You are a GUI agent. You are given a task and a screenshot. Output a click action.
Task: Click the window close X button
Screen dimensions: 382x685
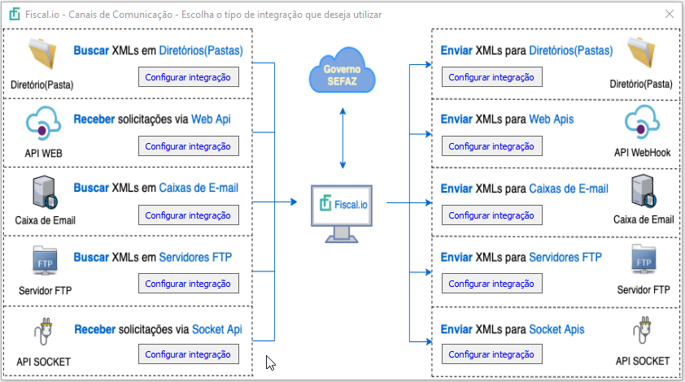(668, 15)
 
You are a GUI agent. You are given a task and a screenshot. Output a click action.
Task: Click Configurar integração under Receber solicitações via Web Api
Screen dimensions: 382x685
(188, 146)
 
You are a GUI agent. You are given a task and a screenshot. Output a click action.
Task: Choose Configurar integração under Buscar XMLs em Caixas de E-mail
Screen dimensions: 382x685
(188, 215)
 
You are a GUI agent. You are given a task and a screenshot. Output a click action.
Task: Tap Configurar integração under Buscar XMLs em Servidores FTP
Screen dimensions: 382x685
(188, 284)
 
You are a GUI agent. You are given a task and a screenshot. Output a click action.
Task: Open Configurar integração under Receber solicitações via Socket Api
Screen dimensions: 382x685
(188, 354)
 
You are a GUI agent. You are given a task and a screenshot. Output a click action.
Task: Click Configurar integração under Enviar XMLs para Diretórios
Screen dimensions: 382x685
(491, 77)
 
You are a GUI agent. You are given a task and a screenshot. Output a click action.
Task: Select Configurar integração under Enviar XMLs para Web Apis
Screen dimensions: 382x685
(491, 146)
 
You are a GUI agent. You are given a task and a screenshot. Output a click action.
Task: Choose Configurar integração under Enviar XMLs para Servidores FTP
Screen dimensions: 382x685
(491, 284)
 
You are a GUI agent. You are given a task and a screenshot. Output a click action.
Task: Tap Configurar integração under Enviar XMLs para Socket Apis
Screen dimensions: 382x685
(491, 354)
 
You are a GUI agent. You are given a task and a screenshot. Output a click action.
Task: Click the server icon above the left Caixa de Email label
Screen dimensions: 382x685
(44, 192)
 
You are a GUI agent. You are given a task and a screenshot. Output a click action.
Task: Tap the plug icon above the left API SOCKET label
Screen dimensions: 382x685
(42, 332)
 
